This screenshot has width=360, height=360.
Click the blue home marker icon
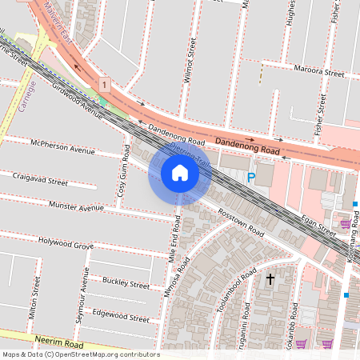tap(180, 173)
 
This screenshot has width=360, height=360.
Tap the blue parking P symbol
tap(250, 178)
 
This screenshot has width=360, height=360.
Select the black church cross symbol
tap(270, 279)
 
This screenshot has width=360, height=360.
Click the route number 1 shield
tap(104, 83)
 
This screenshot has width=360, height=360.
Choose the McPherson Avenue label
tap(62, 149)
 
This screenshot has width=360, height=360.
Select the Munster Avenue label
tap(76, 207)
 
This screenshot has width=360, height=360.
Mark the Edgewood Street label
tap(120, 317)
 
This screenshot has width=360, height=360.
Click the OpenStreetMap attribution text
tap(81, 354)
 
